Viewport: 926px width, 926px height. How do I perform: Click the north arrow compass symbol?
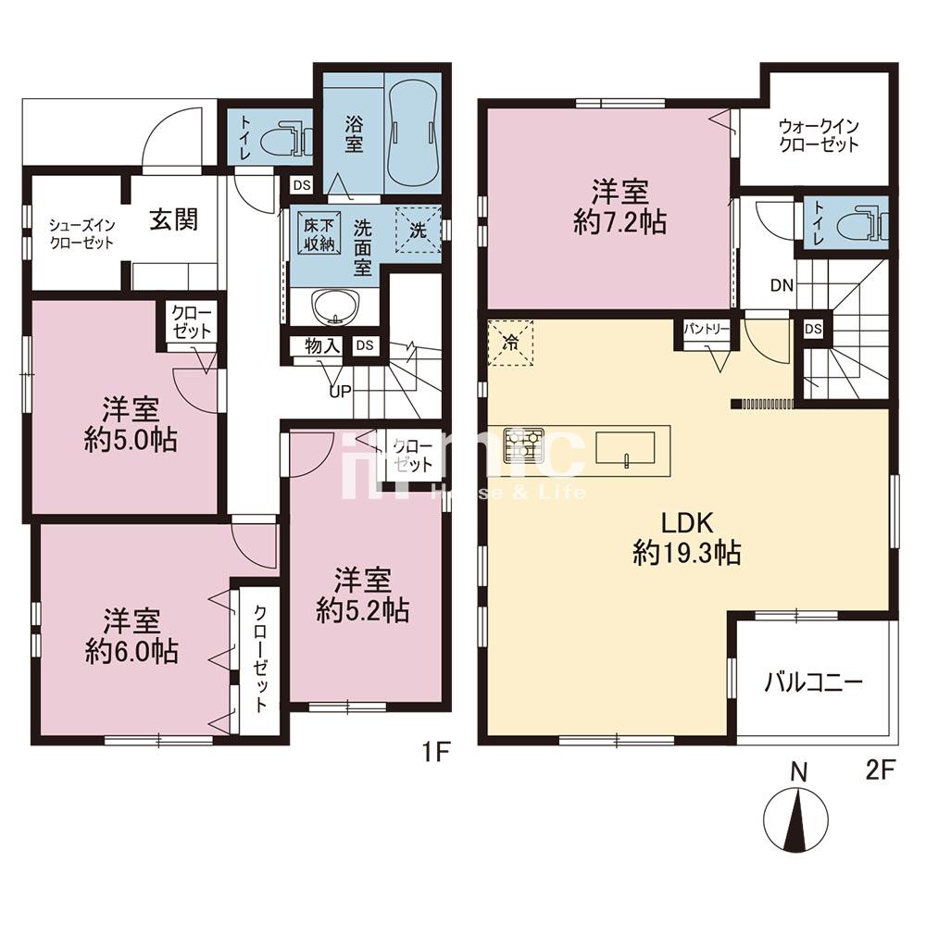(796, 820)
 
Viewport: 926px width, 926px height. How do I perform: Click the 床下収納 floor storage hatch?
(319, 233)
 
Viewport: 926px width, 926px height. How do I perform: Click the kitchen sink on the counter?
(625, 447)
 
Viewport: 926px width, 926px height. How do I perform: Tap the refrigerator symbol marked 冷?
(511, 343)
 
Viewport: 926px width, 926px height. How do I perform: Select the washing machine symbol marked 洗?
(419, 230)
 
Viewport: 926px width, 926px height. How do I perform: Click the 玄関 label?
(173, 219)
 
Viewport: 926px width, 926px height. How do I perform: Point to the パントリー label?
(707, 329)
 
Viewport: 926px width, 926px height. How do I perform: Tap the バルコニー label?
(814, 682)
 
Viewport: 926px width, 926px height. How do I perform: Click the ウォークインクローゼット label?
(818, 135)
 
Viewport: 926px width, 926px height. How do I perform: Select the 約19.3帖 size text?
(687, 554)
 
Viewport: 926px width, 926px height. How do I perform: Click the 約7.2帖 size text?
(620, 222)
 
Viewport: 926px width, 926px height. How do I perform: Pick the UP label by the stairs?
(340, 391)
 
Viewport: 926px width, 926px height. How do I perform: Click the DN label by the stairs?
(782, 286)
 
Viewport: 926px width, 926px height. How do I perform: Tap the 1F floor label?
(436, 754)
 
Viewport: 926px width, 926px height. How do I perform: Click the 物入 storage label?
(322, 346)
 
